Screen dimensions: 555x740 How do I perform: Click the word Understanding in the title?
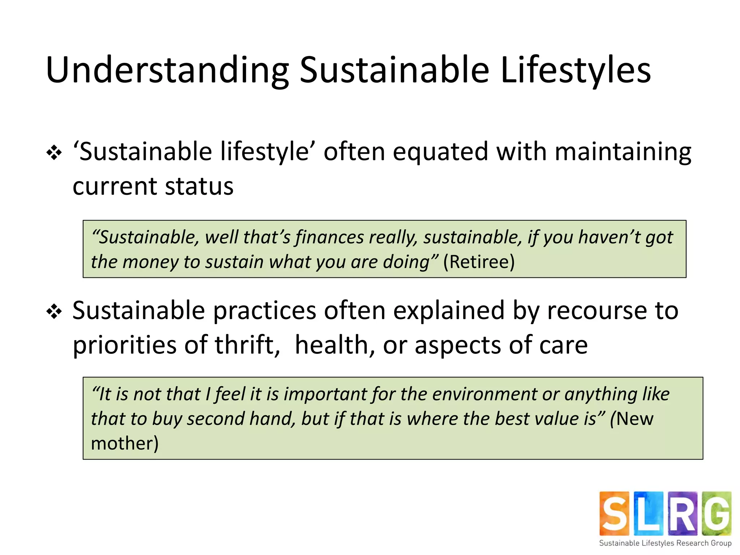tap(167, 70)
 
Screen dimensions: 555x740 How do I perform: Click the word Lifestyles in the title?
tap(575, 70)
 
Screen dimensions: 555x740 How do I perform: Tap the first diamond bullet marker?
tap(54, 153)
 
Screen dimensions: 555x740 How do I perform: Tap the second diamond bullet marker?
tap(54, 311)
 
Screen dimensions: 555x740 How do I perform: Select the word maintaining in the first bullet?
tap(623, 152)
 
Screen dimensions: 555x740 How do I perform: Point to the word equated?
tap(440, 152)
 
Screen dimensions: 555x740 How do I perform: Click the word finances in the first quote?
tap(330, 237)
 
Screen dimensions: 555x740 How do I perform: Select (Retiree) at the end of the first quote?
tap(479, 262)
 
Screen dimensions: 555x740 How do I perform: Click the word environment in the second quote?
tap(485, 394)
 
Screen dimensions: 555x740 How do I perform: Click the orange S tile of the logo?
tap(614, 513)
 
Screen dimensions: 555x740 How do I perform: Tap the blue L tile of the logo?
tap(648, 513)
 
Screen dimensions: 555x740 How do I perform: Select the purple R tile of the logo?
tap(682, 513)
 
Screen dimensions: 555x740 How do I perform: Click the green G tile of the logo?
tap(717, 513)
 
